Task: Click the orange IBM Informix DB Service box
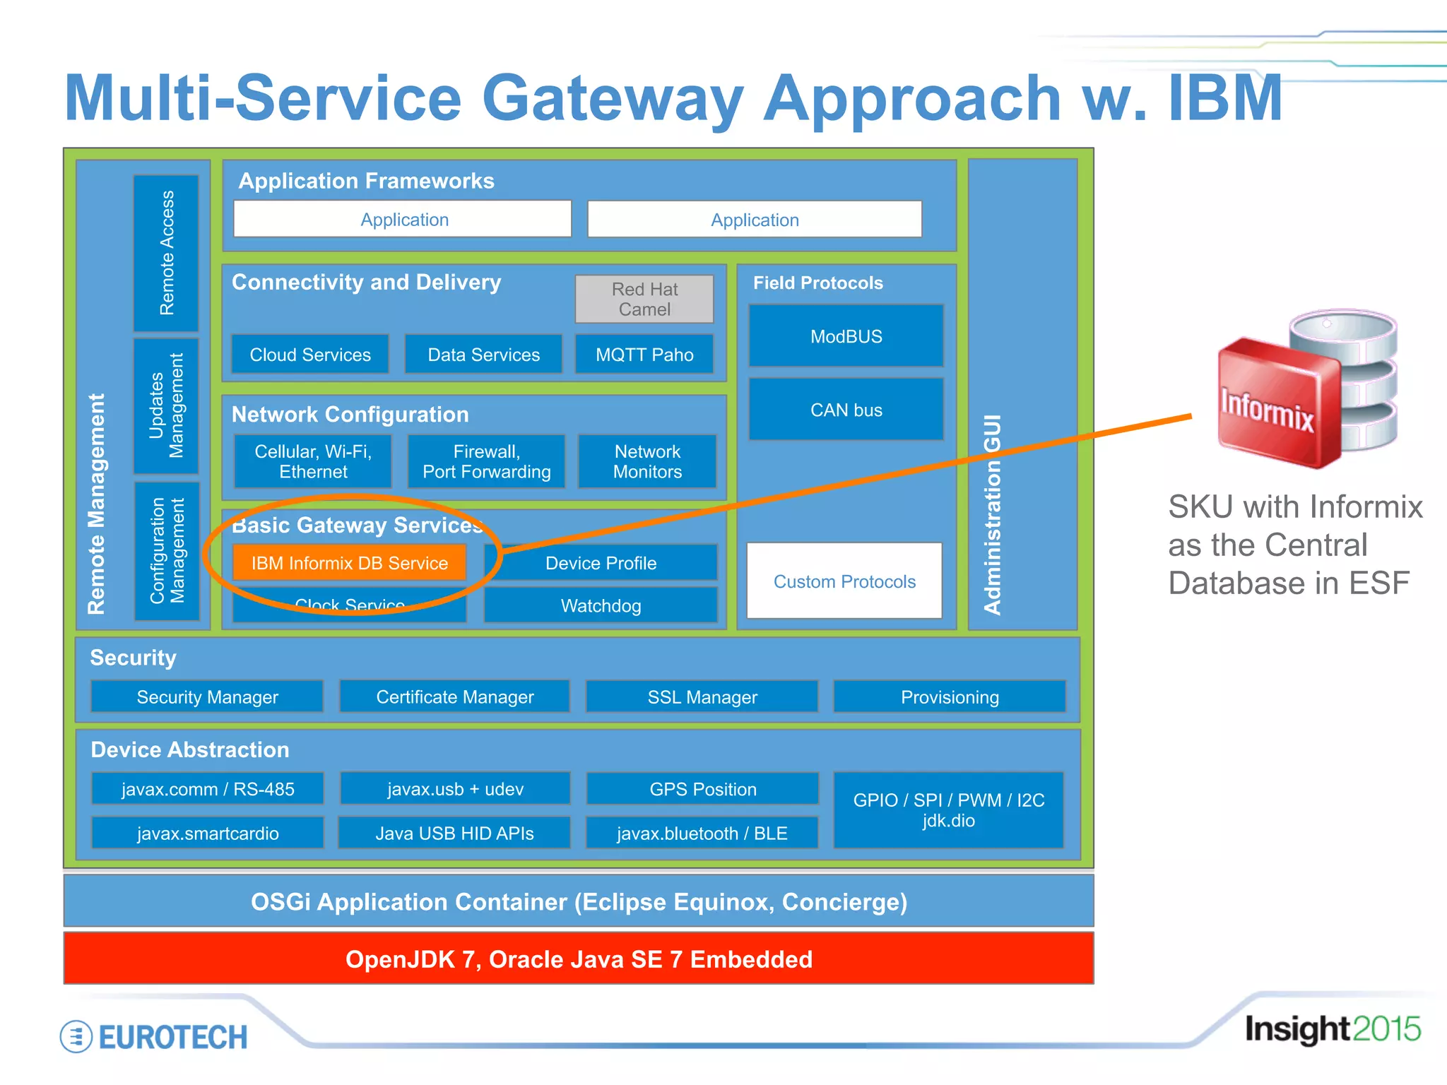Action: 349,563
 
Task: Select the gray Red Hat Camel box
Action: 644,300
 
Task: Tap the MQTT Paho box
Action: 644,355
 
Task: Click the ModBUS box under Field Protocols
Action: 846,336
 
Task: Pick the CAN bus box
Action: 846,410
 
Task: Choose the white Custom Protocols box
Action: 844,581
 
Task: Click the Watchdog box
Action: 601,606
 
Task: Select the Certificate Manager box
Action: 455,697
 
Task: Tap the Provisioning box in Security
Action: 950,697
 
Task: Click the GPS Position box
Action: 702,789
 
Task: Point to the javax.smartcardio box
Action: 208,834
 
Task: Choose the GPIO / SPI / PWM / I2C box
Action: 948,810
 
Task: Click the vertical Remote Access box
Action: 166,253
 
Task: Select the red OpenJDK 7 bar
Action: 579,959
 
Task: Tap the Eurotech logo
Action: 155,1037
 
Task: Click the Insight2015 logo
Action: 1332,1029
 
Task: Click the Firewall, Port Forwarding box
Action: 486,462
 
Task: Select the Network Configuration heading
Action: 350,415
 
